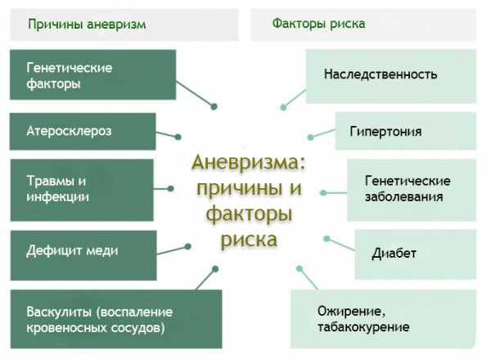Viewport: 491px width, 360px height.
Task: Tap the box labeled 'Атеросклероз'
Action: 83,132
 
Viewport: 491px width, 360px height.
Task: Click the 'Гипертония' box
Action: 406,131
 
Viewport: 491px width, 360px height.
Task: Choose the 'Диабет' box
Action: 415,254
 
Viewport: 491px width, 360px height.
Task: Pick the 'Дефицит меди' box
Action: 83,255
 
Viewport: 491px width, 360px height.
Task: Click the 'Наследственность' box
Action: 391,76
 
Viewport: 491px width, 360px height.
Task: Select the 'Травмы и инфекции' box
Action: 82,190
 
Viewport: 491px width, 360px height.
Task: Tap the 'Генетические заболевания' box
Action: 412,190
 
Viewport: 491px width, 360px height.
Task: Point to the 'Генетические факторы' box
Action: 93,74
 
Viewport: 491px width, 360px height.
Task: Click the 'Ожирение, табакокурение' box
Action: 384,318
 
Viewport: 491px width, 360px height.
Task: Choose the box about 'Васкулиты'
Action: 116,319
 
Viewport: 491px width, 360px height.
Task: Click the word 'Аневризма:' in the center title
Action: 249,163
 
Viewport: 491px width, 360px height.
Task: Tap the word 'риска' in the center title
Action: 250,240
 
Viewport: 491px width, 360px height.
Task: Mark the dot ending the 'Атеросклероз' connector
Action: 178,137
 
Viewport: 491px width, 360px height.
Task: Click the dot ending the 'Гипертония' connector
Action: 311,137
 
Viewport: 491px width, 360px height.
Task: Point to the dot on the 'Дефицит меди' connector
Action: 188,246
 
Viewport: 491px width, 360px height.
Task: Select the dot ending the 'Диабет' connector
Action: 327,239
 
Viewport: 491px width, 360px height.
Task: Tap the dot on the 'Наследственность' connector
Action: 283,107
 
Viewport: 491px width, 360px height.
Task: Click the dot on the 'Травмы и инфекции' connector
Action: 171,188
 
